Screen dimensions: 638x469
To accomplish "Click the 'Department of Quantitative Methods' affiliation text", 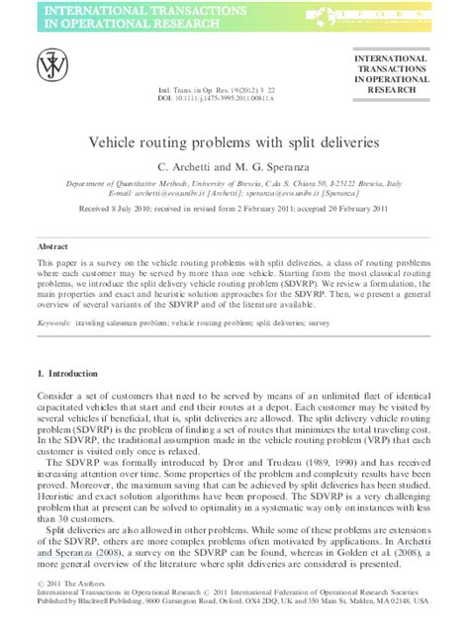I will (x=122, y=183).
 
